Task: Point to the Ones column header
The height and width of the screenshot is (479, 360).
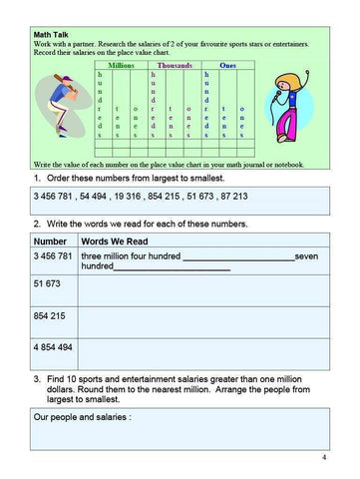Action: click(x=227, y=65)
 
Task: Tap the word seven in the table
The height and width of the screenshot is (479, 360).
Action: click(x=306, y=256)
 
